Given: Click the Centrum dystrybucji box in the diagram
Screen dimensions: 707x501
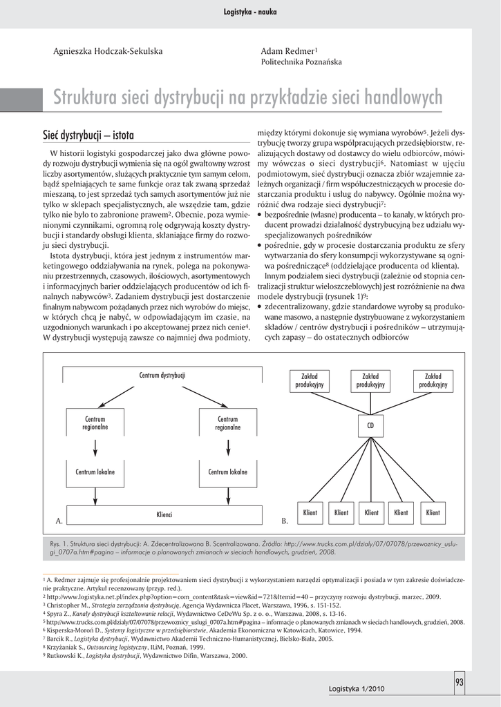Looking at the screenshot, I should [162, 376].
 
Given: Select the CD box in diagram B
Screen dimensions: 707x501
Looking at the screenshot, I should [370, 425].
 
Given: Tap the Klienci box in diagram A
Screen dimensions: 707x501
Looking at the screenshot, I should [164, 514].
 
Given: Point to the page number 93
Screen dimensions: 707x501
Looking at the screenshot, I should [460, 683].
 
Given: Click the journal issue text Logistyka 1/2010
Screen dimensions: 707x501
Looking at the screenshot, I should [357, 689].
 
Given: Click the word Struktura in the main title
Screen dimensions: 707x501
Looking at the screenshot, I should [86, 98].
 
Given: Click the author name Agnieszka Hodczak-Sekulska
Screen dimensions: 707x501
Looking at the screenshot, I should [108, 52].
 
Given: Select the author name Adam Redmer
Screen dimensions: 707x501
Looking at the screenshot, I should [287, 52].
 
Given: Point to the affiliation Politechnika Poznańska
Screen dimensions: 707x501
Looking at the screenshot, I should [301, 62].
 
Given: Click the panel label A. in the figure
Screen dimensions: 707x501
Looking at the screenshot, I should [59, 519].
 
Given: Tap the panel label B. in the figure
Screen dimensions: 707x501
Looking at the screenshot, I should [285, 519].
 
